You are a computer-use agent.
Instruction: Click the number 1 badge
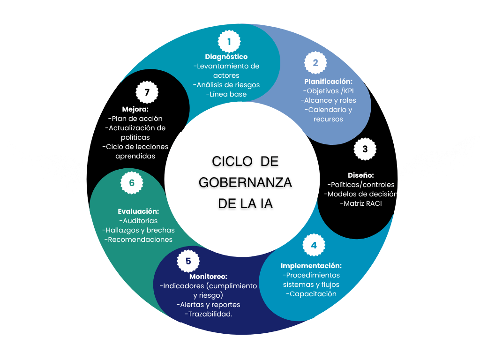pyautogui.click(x=229, y=41)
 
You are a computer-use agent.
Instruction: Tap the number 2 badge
pyautogui.click(x=315, y=63)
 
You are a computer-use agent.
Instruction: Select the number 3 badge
pyautogui.click(x=365, y=149)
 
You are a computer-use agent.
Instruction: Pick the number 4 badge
pyautogui.click(x=314, y=245)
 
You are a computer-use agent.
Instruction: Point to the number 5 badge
pyautogui.click(x=188, y=261)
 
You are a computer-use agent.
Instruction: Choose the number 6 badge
pyautogui.click(x=132, y=183)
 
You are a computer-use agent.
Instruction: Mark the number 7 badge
pyautogui.click(x=147, y=92)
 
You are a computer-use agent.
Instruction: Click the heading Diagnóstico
pyautogui.click(x=226, y=57)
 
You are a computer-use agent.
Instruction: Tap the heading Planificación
pyautogui.click(x=328, y=82)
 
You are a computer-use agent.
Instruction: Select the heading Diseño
pyautogui.click(x=360, y=175)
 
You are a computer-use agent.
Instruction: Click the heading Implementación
pyautogui.click(x=311, y=266)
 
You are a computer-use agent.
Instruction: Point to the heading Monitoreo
pyautogui.click(x=208, y=277)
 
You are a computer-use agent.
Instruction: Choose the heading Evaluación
pyautogui.click(x=138, y=211)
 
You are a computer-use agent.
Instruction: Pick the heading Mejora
pyautogui.click(x=135, y=109)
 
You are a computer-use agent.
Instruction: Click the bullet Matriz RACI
pyautogui.click(x=361, y=203)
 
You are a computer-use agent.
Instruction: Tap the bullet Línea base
pyautogui.click(x=226, y=94)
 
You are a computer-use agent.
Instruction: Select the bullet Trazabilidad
pyautogui.click(x=208, y=314)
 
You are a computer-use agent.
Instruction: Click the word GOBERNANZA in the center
pyautogui.click(x=245, y=182)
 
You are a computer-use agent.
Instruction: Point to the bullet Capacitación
pyautogui.click(x=311, y=294)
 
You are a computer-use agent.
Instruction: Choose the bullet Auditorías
pyautogui.click(x=138, y=221)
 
